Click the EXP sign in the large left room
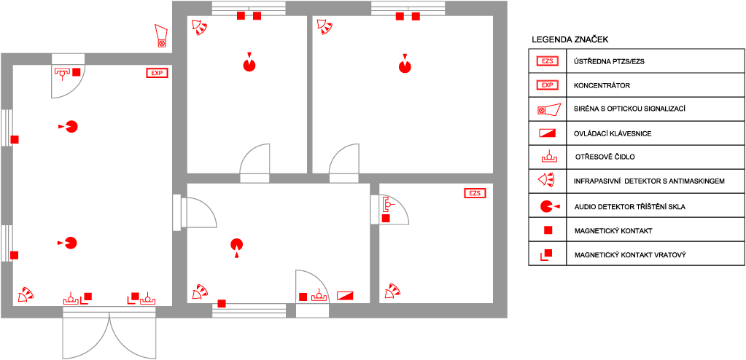(157, 73)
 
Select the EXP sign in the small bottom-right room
(475, 193)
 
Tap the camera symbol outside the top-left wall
(161, 36)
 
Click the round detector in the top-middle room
(249, 65)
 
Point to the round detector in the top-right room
(405, 66)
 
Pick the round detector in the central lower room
(236, 245)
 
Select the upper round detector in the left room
(71, 126)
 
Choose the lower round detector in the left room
(70, 243)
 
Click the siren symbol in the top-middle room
(200, 28)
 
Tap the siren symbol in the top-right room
(325, 28)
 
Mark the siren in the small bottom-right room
(393, 291)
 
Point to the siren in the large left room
(26, 295)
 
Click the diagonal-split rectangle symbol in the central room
(345, 296)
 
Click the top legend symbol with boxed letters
(547, 61)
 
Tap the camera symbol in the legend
(549, 110)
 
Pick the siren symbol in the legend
(546, 179)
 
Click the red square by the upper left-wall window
(15, 139)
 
